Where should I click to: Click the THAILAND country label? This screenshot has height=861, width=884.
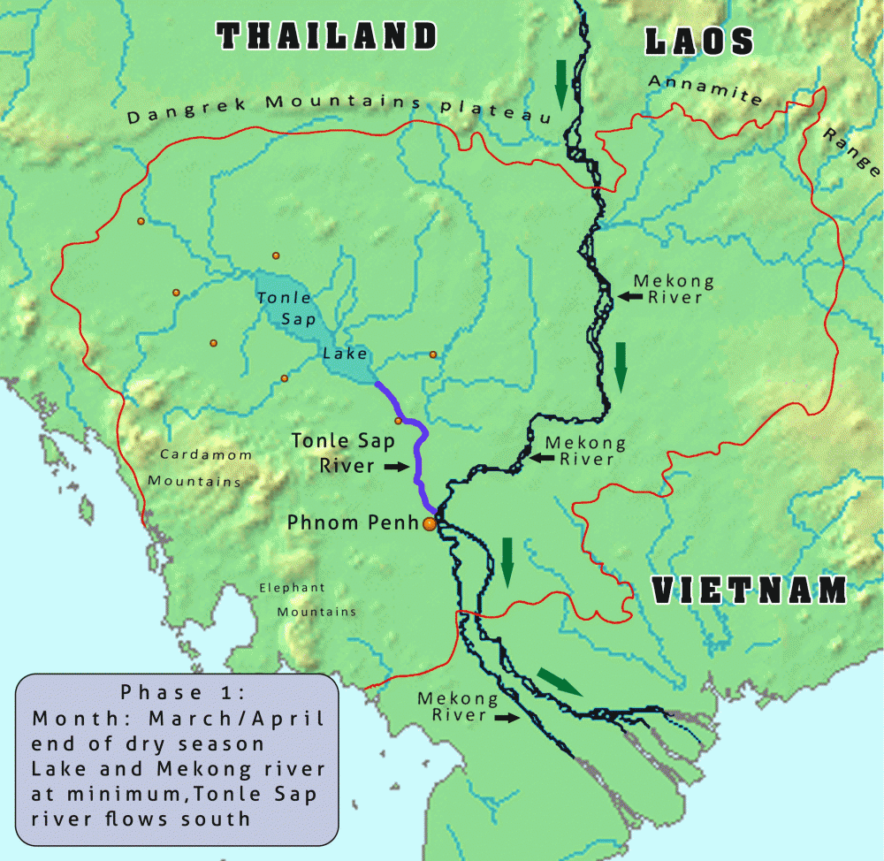coord(328,36)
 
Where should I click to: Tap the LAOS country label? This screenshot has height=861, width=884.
coord(699,41)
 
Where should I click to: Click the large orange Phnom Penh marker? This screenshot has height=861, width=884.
coord(430,524)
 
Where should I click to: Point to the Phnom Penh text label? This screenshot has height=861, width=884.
coord(352,522)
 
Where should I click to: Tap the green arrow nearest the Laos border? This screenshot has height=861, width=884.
coord(560,83)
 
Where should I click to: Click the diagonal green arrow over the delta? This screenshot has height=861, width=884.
coord(560,682)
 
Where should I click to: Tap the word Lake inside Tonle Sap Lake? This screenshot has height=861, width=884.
coord(345,354)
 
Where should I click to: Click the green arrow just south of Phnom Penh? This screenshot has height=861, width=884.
coord(507,560)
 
